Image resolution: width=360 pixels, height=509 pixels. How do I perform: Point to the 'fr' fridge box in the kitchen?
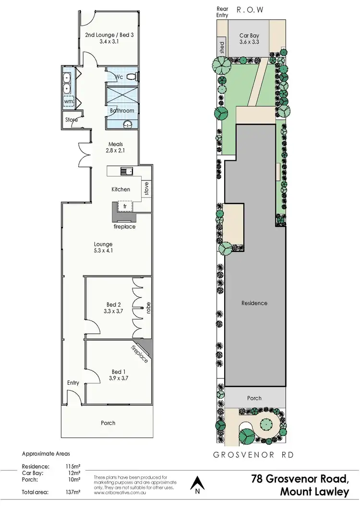[125, 206]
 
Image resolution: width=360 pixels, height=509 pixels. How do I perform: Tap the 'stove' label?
[146, 189]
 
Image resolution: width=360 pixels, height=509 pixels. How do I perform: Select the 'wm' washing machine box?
[69, 102]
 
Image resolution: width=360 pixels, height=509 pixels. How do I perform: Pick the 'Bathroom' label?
[122, 111]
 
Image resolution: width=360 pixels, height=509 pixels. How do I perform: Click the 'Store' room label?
[72, 120]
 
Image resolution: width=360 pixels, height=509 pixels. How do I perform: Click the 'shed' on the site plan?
[221, 47]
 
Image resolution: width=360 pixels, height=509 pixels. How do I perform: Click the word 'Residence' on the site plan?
[254, 303]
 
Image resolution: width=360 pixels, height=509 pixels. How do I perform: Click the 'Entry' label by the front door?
[73, 383]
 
